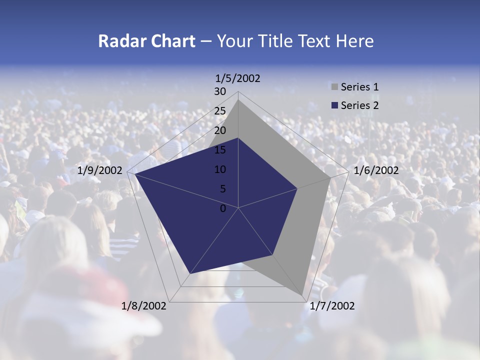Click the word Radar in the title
pyautogui.click(x=118, y=41)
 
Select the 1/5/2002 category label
pyautogui.click(x=237, y=78)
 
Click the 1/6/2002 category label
pyautogui.click(x=376, y=170)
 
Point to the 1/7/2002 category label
pyautogui.click(x=332, y=306)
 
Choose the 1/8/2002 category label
pyautogui.click(x=144, y=306)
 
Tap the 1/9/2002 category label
pyautogui.click(x=100, y=170)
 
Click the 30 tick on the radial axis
pyautogui.click(x=220, y=91)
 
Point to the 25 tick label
pyautogui.click(x=220, y=111)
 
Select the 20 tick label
pyautogui.click(x=220, y=130)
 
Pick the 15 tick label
pyautogui.click(x=220, y=150)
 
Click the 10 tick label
pyautogui.click(x=220, y=169)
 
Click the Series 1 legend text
pyautogui.click(x=359, y=87)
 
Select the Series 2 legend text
pyautogui.click(x=359, y=105)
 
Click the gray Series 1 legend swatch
pyautogui.click(x=334, y=87)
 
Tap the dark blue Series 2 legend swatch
pyautogui.click(x=334, y=105)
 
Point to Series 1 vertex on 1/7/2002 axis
pyautogui.click(x=302, y=295)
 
